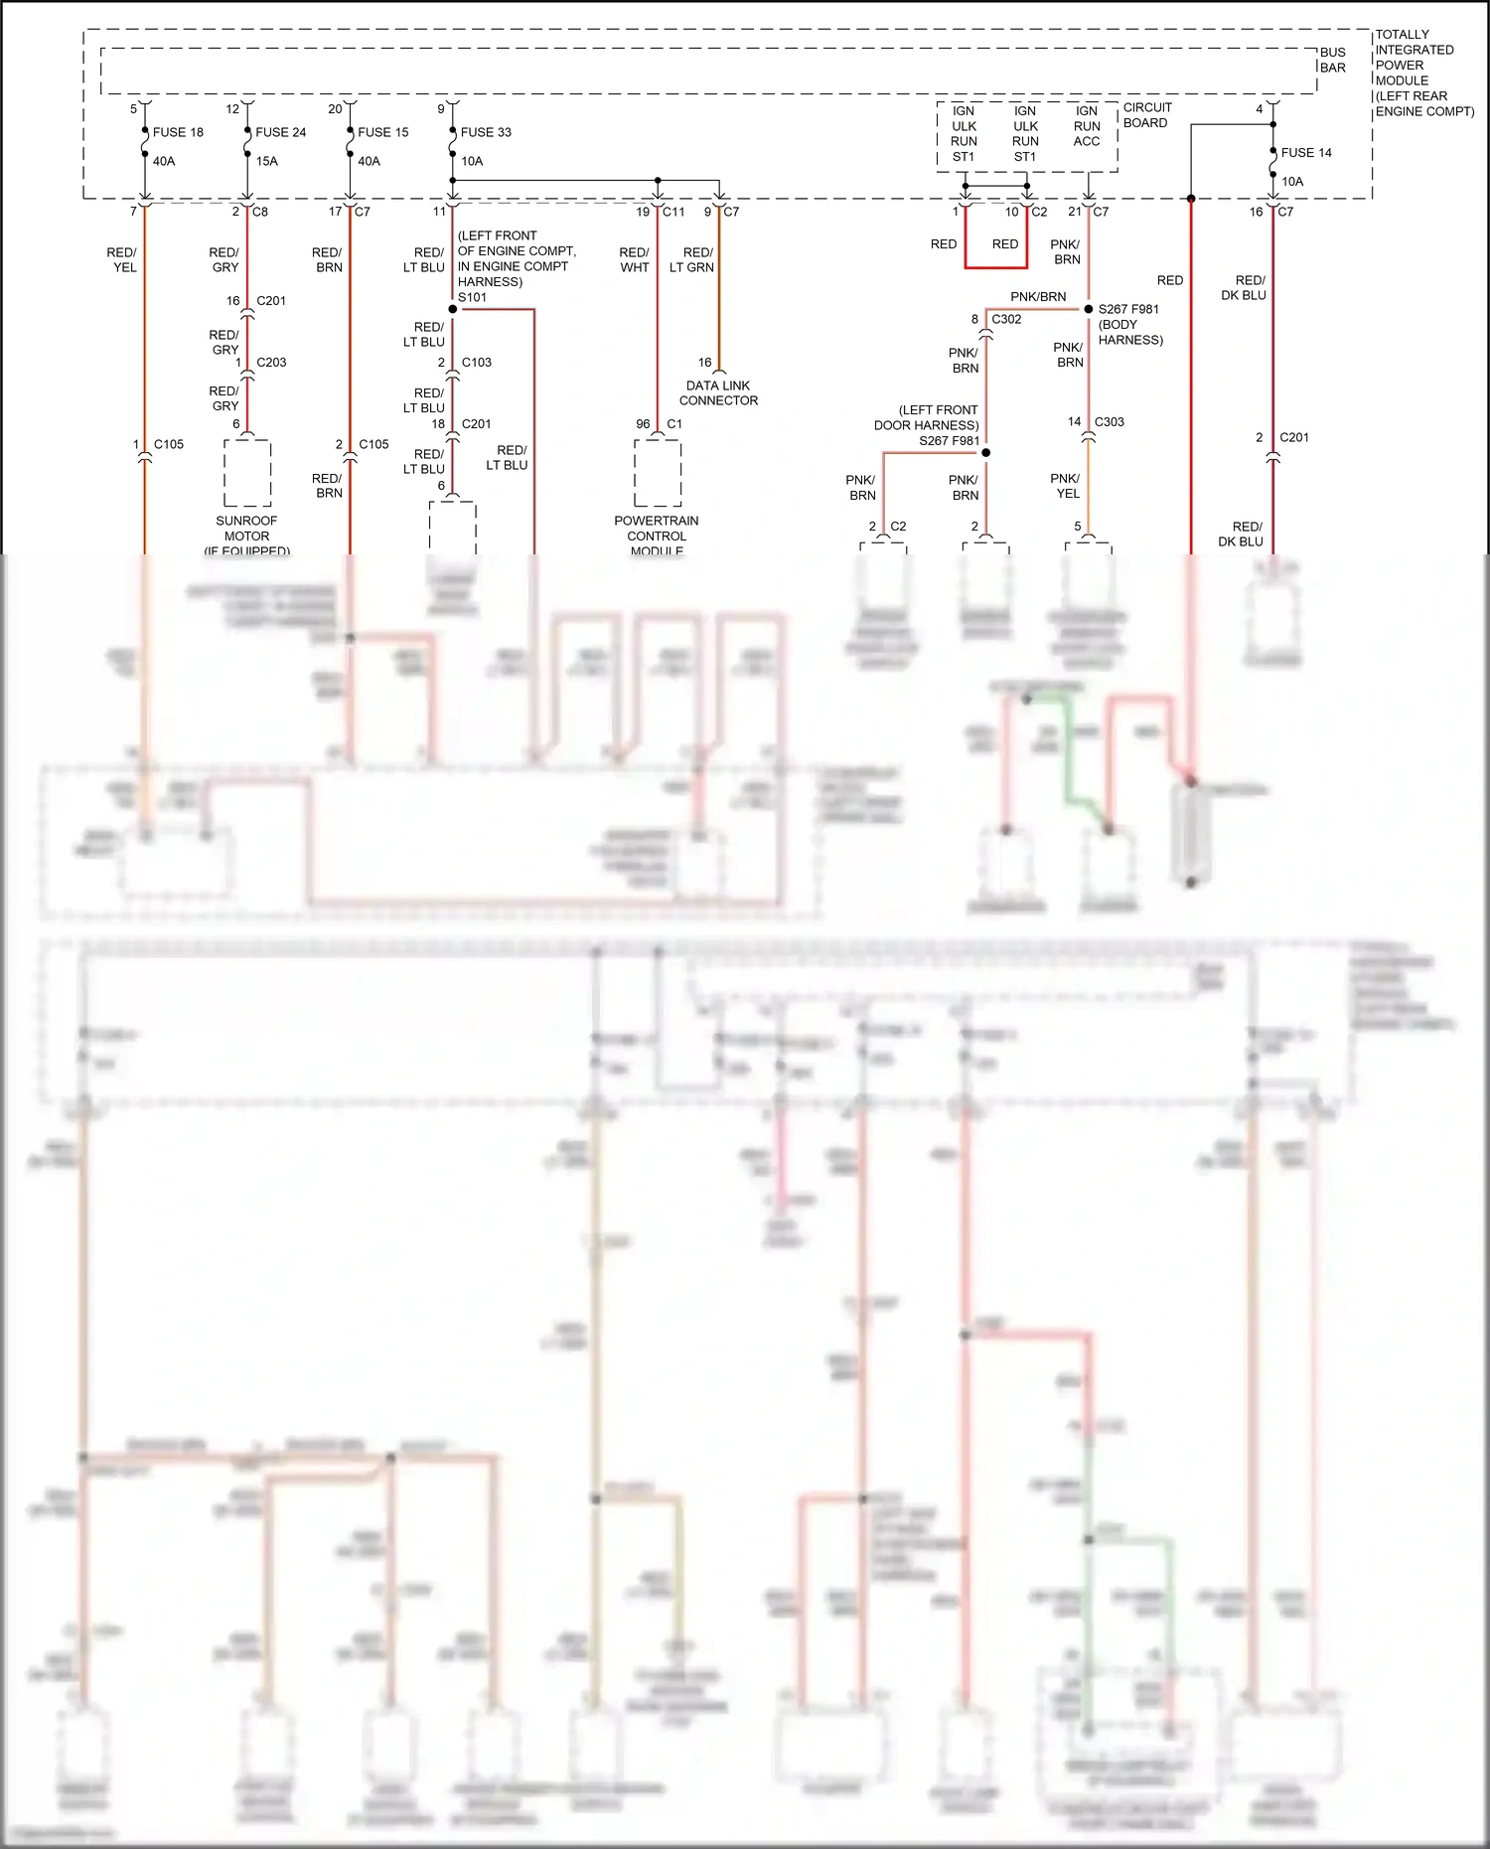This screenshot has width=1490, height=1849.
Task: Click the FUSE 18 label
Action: (x=178, y=132)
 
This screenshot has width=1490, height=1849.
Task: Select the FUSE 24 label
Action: (x=280, y=132)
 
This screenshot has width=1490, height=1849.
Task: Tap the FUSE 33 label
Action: (x=486, y=132)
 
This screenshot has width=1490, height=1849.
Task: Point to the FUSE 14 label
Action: (x=1306, y=153)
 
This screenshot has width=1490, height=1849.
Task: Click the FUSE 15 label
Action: (x=382, y=132)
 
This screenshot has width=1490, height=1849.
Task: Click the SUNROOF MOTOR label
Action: (x=246, y=529)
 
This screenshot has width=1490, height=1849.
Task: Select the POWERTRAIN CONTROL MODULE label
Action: (x=657, y=536)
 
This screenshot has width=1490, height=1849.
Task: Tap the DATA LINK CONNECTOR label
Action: (x=718, y=393)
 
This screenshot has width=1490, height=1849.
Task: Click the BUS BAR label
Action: (x=1333, y=61)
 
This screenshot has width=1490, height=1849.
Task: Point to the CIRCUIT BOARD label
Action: (x=1147, y=115)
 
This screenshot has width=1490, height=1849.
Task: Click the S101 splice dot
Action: (x=453, y=309)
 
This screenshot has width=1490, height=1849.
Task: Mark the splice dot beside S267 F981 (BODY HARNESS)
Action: (x=1089, y=309)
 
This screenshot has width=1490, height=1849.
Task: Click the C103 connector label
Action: (x=477, y=363)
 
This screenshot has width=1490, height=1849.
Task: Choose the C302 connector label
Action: (x=1006, y=320)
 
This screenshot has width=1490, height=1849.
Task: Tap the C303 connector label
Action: (x=1110, y=422)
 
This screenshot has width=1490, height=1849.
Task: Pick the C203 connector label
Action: (x=271, y=363)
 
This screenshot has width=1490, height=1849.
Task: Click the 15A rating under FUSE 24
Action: (x=267, y=161)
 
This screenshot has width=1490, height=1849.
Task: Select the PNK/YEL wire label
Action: (x=1066, y=486)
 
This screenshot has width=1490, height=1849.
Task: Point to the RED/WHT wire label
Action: (x=634, y=260)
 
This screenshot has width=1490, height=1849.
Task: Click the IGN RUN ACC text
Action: (x=1087, y=126)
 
